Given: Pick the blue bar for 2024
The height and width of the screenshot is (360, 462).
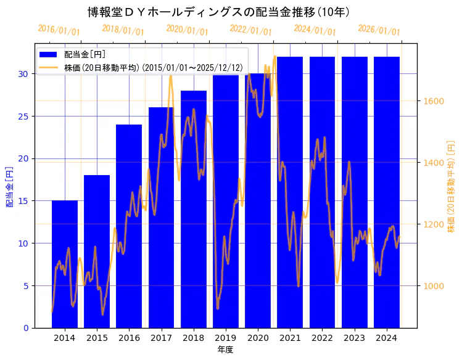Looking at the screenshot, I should [x=386, y=192].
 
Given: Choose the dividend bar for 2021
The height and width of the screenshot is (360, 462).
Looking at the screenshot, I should [x=290, y=192].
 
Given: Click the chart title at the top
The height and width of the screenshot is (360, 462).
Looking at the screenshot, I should [x=219, y=12].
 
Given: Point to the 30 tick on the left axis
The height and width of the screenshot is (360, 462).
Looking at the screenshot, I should [x=23, y=74].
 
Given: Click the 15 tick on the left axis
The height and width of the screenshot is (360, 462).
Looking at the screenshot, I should [x=23, y=201].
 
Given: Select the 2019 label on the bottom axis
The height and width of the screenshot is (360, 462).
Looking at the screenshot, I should [x=226, y=338].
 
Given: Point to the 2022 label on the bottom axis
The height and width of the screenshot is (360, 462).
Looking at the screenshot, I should [x=322, y=338].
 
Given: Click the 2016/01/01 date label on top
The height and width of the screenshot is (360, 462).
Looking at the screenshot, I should [x=59, y=30].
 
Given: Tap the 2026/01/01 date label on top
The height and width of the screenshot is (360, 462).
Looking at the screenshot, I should [x=379, y=30].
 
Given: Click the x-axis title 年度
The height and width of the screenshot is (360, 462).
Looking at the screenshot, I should [x=225, y=350].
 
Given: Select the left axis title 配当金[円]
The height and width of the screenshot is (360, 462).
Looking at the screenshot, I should [x=9, y=186].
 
